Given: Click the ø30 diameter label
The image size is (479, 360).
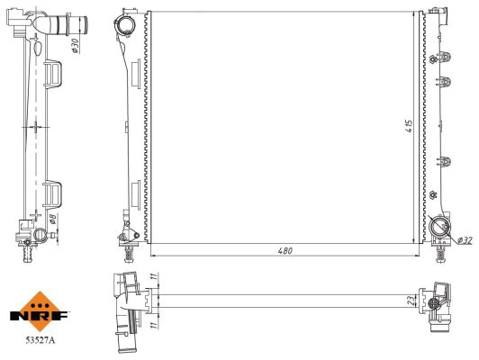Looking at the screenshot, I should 77,44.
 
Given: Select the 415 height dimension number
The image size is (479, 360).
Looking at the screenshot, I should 407,127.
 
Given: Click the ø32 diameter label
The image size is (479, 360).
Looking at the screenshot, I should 465,240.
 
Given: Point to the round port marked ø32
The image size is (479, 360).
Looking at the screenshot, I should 441,229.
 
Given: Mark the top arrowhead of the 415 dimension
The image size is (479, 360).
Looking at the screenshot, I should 414,14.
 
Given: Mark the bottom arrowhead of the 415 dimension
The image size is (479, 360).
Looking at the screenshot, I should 414,240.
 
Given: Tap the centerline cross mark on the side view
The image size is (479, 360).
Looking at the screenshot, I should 34,128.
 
